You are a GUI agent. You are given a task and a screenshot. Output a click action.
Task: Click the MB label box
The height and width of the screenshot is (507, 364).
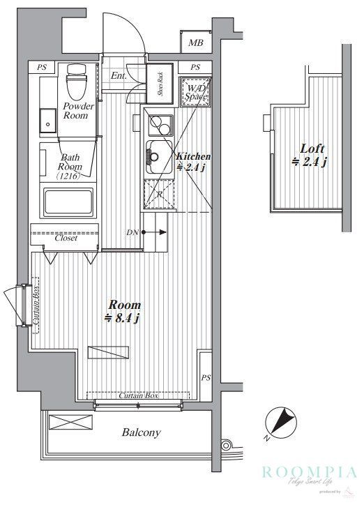[x=196, y=43]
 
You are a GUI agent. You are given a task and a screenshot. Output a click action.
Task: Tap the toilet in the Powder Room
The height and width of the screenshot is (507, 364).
[x=74, y=82]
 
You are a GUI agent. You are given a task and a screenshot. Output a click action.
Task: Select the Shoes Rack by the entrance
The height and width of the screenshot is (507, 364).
[x=160, y=87]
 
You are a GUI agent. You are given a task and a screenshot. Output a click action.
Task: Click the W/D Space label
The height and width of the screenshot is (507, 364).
[x=195, y=91]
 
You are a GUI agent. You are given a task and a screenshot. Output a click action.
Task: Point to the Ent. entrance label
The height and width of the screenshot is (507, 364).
[x=117, y=77]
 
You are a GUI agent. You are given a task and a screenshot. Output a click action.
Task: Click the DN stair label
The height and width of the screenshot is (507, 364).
[x=132, y=232]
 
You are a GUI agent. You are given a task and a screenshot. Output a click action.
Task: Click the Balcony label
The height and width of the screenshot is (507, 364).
[x=142, y=432]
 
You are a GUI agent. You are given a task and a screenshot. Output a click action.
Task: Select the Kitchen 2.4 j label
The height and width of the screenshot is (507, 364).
[x=192, y=162]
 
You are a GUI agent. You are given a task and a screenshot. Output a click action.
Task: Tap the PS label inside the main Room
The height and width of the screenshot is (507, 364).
[x=206, y=377]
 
